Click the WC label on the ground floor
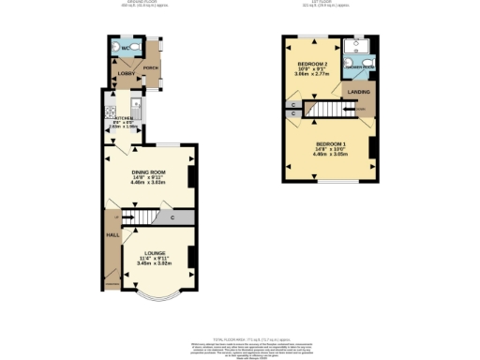pyautogui.click(x=123, y=47)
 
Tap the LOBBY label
pyautogui.click(x=125, y=72)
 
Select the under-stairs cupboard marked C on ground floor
pyautogui.click(x=173, y=218)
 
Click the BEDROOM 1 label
pyautogui.click(x=330, y=141)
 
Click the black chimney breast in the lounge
pyautogui.click(x=192, y=256)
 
